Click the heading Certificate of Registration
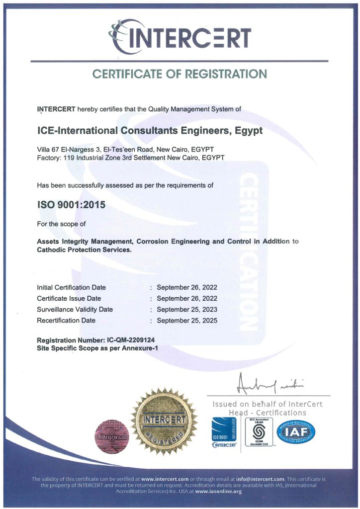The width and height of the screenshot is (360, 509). [180, 74]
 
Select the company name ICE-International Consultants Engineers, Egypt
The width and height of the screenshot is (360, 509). [150, 131]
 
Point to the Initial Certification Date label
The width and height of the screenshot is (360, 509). [71, 287]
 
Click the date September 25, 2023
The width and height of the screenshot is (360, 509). [187, 309]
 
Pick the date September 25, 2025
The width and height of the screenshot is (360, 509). [187, 320]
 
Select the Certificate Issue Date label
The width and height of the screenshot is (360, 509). [69, 298]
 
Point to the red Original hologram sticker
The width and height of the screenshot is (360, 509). [111, 436]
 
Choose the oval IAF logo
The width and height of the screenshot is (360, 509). [296, 432]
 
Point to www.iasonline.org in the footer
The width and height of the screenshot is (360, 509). [219, 491]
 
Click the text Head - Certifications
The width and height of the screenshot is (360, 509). [268, 413]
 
